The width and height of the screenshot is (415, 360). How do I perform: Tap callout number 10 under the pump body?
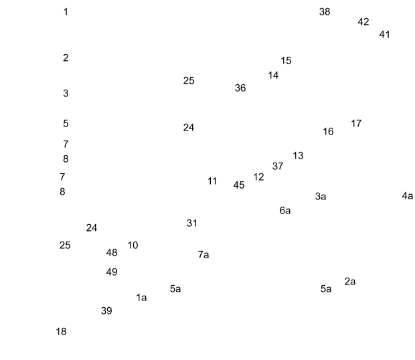[133, 245]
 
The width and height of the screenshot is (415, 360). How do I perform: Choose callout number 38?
[343, 12]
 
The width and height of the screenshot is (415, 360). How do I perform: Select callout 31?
[193, 223]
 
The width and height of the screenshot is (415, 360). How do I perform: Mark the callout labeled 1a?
[141, 295]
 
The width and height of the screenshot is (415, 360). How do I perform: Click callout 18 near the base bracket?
[60, 330]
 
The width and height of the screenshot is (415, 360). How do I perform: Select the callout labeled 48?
[112, 252]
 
